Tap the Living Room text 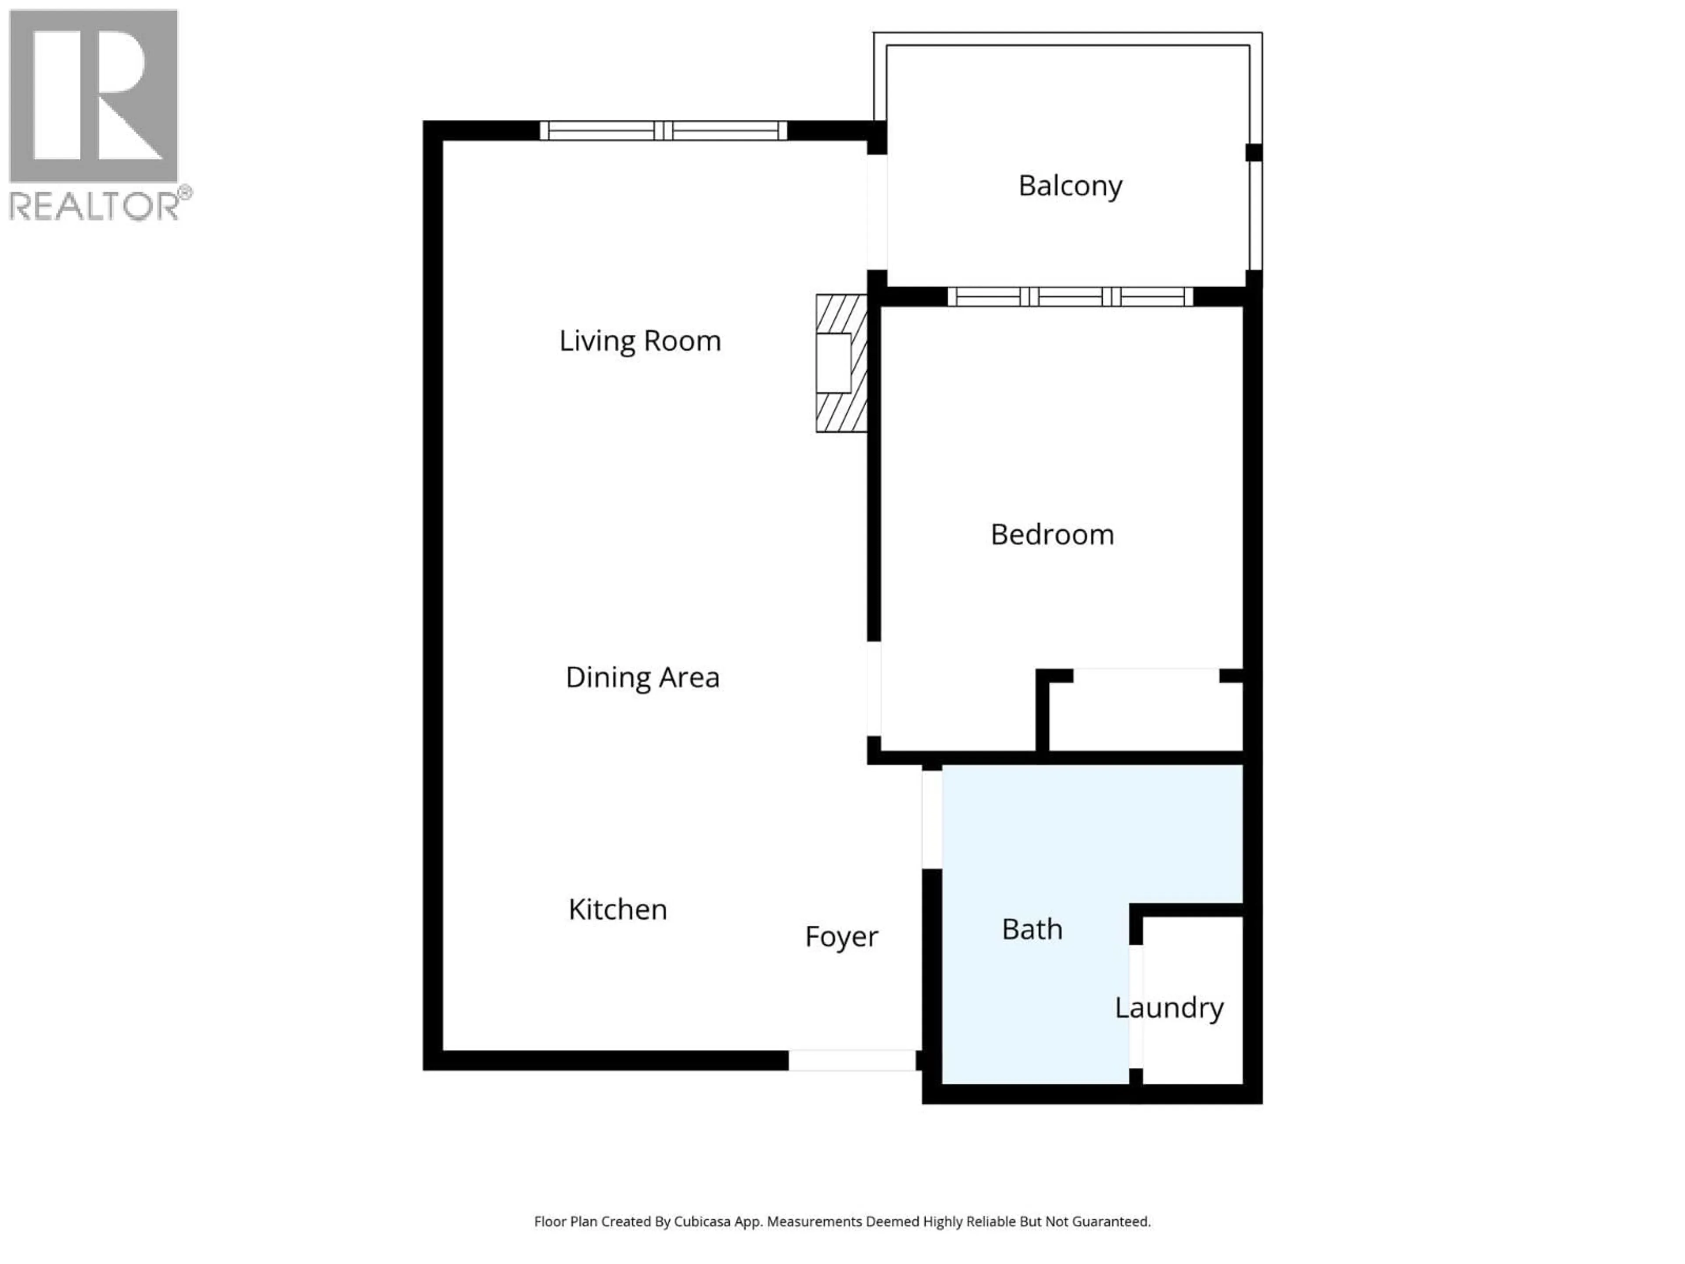point(640,341)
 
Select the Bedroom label point(1052,535)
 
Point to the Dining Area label point(642,677)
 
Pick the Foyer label point(841,937)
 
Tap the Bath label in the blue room point(1032,930)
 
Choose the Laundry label point(1169,1008)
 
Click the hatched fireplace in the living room point(841,363)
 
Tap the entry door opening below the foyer point(852,1060)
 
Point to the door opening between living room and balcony point(877,212)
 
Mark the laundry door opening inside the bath point(1135,1006)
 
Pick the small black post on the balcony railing point(1253,152)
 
